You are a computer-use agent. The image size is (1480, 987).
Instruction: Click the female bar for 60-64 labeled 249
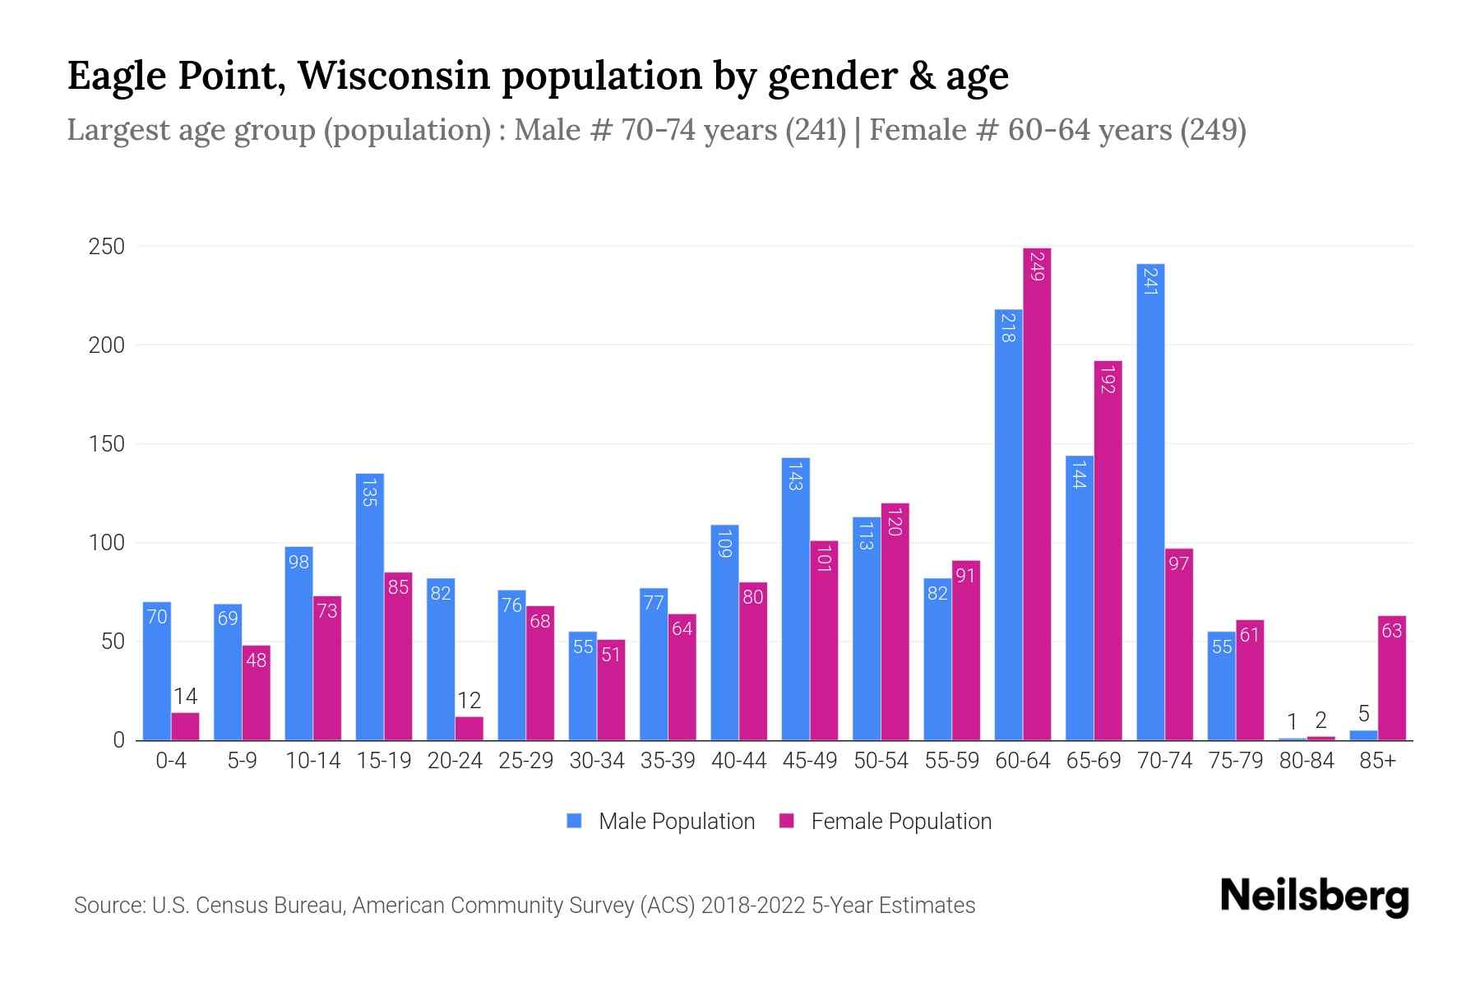[x=1037, y=493]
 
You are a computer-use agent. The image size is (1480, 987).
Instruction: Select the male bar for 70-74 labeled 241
[x=1150, y=502]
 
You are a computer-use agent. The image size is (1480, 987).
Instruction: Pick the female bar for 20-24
[x=469, y=729]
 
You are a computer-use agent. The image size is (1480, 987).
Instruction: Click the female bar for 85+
[x=1392, y=678]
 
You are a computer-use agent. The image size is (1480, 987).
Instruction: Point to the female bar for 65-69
[x=1108, y=551]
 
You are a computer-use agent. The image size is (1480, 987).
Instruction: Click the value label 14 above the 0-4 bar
[x=185, y=697]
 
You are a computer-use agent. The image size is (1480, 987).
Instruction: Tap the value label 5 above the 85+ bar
[x=1363, y=714]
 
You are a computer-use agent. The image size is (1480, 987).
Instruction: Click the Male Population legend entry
[x=660, y=821]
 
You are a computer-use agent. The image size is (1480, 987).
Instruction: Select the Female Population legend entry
[x=885, y=821]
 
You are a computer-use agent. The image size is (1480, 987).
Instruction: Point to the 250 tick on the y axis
[x=107, y=247]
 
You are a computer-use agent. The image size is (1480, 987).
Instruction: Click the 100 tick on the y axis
[x=107, y=543]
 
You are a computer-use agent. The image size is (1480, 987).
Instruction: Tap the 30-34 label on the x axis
[x=597, y=761]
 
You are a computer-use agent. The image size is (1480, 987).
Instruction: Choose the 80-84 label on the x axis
[x=1307, y=761]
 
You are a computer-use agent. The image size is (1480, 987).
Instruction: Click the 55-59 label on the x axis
[x=951, y=761]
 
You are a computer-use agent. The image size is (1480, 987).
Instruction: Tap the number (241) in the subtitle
[x=815, y=130]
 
